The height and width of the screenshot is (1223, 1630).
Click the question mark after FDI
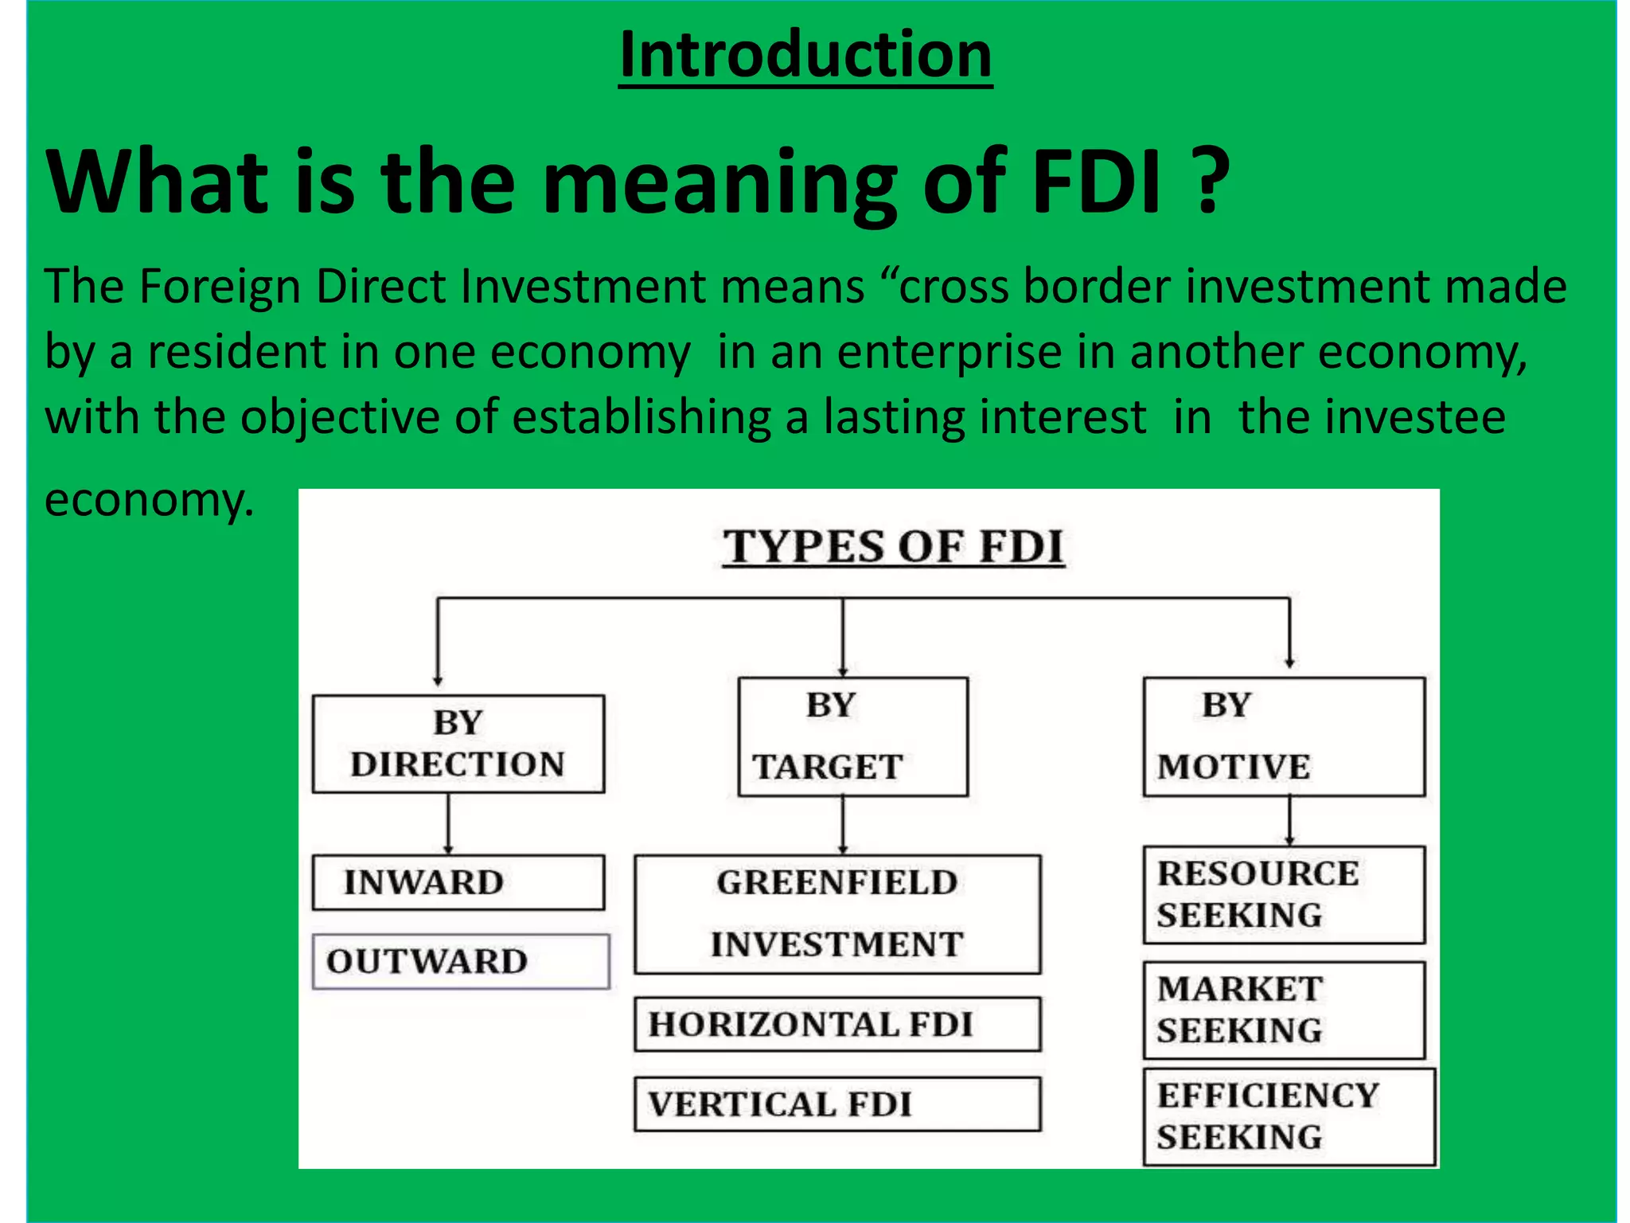1211,182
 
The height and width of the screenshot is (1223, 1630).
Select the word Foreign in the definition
220,287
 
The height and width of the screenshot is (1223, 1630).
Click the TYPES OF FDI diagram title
893,547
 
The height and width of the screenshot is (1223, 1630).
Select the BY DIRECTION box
458,744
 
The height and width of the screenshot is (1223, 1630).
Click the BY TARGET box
852,737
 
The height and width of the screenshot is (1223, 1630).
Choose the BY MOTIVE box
1284,737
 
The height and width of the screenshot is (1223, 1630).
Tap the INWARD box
458,882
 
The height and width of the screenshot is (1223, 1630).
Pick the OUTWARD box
461,961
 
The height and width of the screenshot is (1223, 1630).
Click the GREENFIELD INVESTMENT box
837,914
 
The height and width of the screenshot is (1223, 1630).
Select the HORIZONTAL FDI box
837,1024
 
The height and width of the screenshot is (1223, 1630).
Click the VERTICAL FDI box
837,1104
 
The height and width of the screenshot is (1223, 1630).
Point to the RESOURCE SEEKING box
1284,894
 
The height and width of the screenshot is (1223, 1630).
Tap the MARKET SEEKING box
1284,1010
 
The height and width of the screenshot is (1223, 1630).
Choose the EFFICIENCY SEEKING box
1289,1116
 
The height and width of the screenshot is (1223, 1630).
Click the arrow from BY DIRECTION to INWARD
448,824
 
